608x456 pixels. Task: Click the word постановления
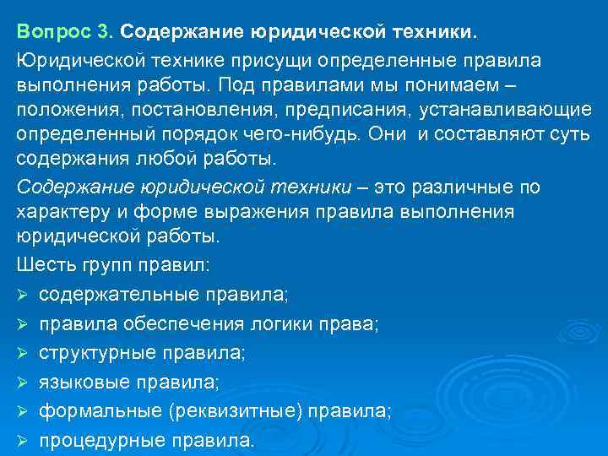coord(187,112)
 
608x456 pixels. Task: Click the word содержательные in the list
coord(112,294)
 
